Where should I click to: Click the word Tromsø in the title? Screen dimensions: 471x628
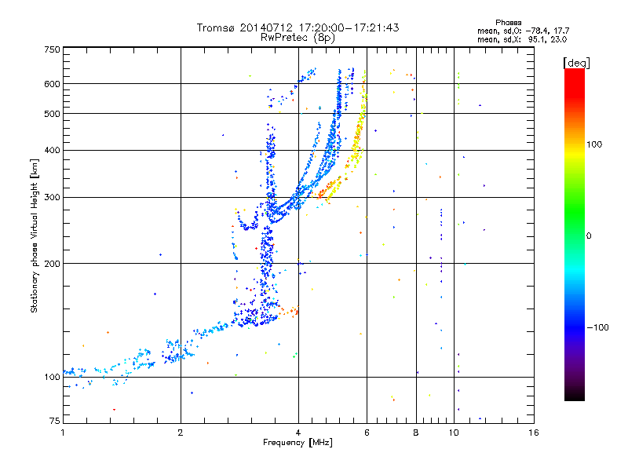pyautogui.click(x=214, y=27)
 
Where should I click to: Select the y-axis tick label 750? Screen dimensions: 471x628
pyautogui.click(x=52, y=49)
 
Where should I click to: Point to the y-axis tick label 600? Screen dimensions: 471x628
pyautogui.click(x=52, y=83)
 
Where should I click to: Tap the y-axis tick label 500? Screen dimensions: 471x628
pyautogui.click(x=52, y=114)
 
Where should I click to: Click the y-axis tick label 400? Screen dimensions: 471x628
pyautogui.click(x=52, y=150)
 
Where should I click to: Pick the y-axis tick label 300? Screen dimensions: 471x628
pyautogui.click(x=52, y=197)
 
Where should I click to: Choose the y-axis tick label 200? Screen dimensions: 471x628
pyautogui.click(x=52, y=263)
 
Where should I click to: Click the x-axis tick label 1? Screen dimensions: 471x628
pyautogui.click(x=63, y=433)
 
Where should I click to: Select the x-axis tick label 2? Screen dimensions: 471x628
pyautogui.click(x=181, y=433)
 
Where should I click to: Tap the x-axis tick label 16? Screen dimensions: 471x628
pyautogui.click(x=533, y=433)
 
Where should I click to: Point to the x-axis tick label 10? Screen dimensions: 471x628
pyautogui.click(x=454, y=433)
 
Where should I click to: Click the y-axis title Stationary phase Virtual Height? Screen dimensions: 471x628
pyautogui.click(x=35, y=235)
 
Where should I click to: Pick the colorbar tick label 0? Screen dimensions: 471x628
pyautogui.click(x=589, y=235)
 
